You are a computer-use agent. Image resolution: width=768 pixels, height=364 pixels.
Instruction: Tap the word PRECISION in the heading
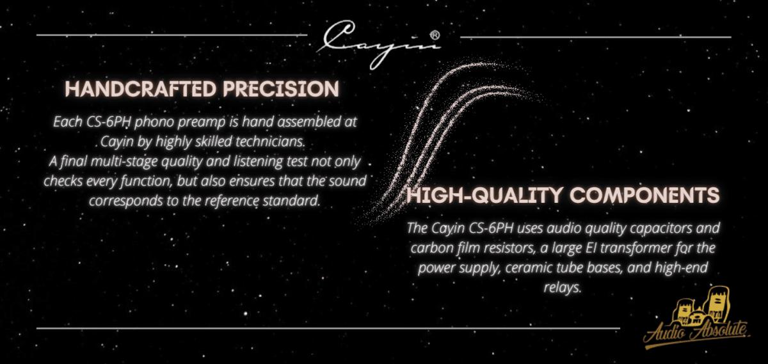(281, 89)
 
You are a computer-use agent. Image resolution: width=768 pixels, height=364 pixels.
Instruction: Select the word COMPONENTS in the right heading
(644, 196)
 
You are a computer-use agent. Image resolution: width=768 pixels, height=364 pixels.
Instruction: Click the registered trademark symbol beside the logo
(435, 35)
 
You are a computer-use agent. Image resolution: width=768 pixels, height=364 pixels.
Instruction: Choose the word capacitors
(660, 228)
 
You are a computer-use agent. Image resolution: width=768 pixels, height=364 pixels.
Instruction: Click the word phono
(150, 122)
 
